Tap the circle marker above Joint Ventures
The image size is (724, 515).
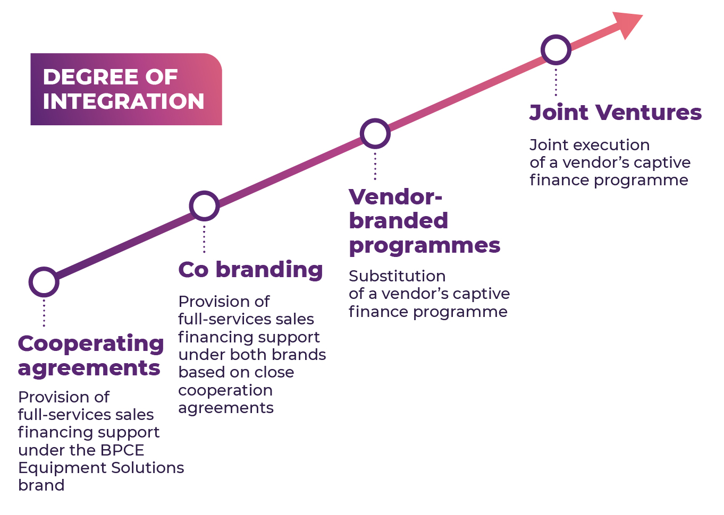(x=556, y=50)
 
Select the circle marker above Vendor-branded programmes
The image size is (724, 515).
(x=375, y=133)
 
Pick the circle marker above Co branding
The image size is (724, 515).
(x=204, y=206)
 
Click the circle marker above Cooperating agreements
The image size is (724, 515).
(x=44, y=282)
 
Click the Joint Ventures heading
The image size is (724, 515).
(x=616, y=113)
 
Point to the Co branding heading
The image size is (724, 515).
(x=250, y=270)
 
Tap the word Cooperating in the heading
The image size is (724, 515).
(x=91, y=344)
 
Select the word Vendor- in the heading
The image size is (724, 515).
(x=395, y=197)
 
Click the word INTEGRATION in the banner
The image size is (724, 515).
(x=123, y=101)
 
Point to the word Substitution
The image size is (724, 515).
(x=397, y=276)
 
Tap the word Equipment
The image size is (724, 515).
(x=59, y=468)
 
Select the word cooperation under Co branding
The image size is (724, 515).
(x=225, y=390)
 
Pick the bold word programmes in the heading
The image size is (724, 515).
(x=424, y=246)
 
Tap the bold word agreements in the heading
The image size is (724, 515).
(x=89, y=368)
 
